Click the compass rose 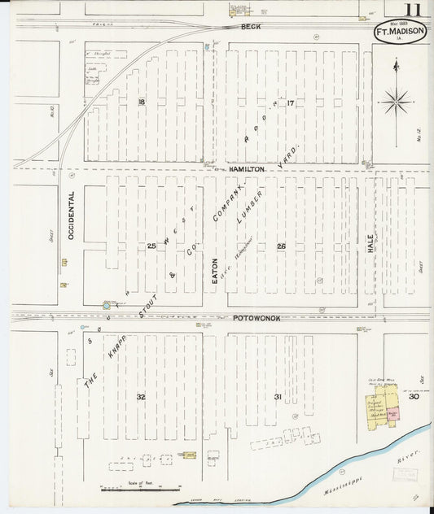[397, 100]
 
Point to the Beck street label [249, 28]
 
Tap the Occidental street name [72, 216]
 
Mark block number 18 [142, 102]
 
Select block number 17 [289, 102]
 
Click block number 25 [151, 246]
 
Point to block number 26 [281, 246]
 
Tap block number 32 [140, 396]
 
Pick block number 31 [278, 396]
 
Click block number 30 [414, 396]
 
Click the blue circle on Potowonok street [107, 306]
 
